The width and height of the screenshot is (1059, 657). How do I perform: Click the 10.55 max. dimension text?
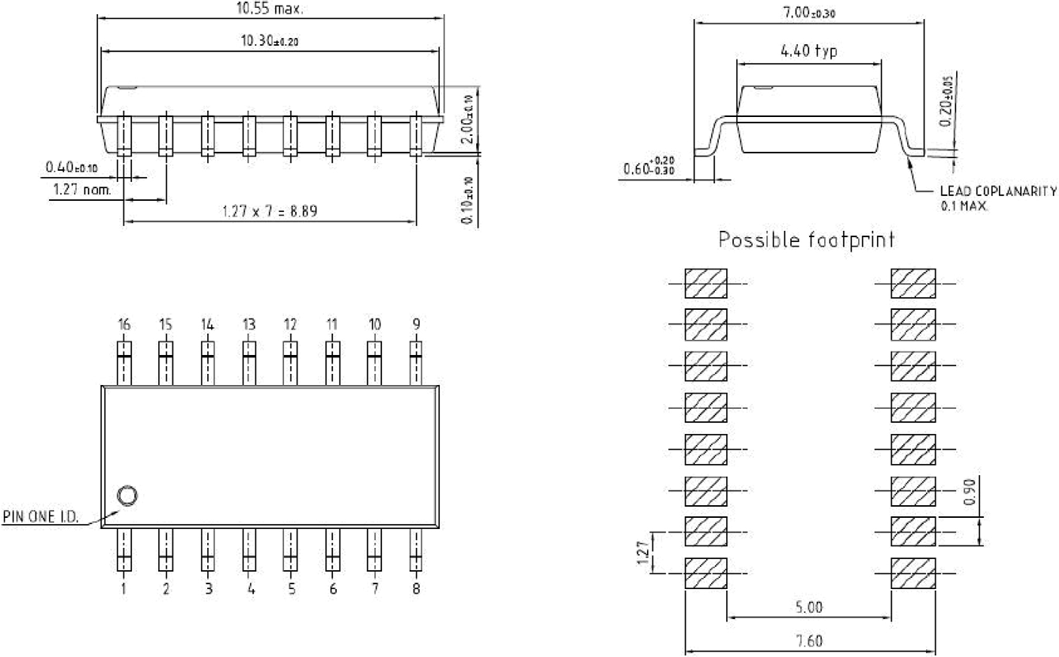click(271, 9)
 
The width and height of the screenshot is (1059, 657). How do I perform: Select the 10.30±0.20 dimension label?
click(270, 42)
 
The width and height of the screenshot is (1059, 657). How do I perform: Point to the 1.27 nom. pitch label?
click(81, 190)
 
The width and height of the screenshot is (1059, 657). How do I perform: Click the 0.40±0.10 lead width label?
click(72, 167)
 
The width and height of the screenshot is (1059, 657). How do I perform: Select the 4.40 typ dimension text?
click(808, 51)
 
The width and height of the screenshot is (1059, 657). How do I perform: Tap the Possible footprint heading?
click(806, 240)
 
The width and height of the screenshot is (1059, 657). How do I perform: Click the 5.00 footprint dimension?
click(808, 607)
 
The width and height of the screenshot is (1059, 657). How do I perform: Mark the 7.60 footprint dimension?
click(808, 641)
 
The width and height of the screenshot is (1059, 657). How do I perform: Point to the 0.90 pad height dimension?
click(971, 494)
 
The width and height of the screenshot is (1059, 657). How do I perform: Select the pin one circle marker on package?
click(126, 496)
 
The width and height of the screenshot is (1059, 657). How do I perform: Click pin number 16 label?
click(123, 324)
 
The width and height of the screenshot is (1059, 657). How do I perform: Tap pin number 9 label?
click(416, 324)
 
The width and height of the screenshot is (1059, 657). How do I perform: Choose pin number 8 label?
click(416, 589)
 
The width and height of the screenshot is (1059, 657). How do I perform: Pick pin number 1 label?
click(124, 589)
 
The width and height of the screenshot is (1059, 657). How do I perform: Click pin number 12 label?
click(290, 324)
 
